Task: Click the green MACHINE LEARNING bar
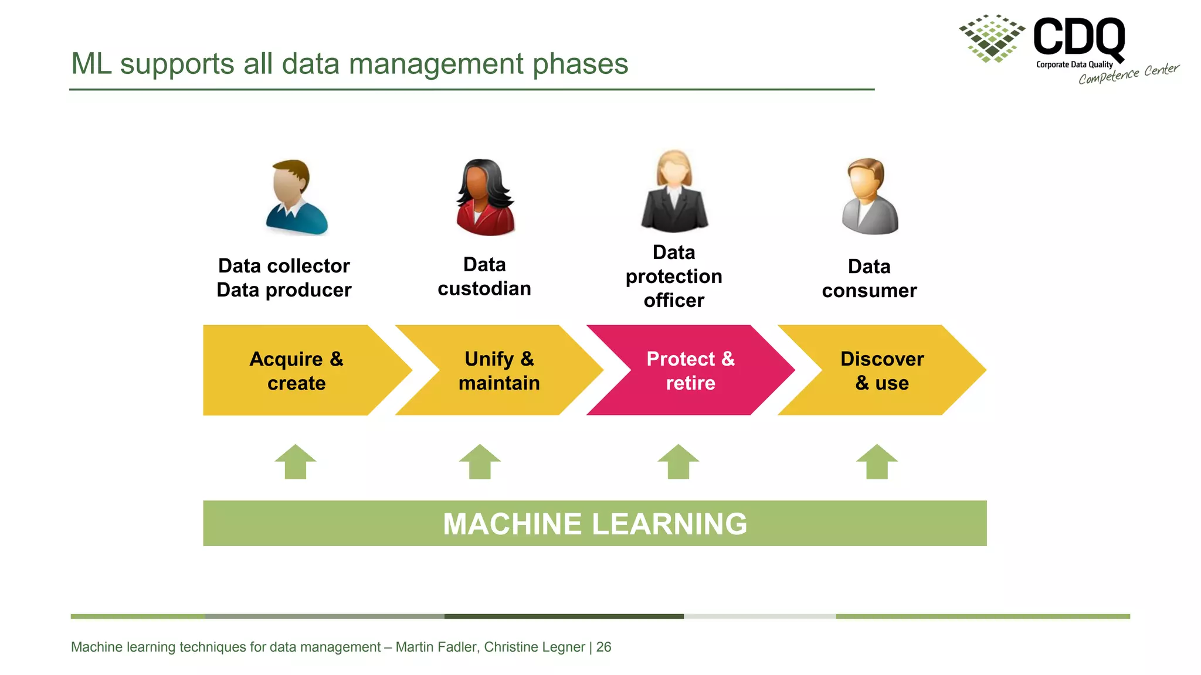(595, 523)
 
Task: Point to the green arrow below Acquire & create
(296, 462)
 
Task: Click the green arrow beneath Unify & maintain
(480, 462)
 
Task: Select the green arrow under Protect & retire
(678, 462)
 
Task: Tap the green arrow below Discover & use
(877, 462)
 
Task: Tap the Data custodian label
(484, 277)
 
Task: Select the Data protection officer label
(674, 277)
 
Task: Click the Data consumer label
(869, 278)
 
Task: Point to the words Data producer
(284, 290)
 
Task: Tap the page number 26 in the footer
(603, 647)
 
